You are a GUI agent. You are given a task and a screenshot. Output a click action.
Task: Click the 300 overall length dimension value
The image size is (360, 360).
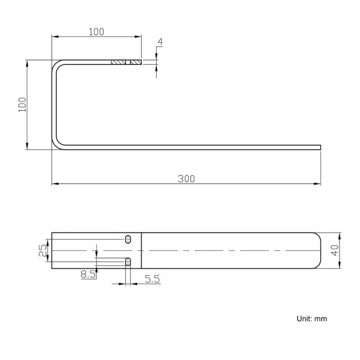[186, 178]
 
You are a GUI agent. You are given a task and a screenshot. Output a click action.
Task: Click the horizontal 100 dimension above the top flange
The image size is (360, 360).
[96, 32]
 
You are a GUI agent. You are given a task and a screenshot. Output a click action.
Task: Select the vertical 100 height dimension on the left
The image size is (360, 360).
[22, 105]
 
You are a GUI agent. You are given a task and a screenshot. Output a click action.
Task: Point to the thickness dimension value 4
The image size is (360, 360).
[160, 42]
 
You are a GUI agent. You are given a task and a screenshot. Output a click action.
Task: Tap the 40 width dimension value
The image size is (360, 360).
[335, 250]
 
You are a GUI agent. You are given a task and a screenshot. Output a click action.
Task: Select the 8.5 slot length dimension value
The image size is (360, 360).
[88, 274]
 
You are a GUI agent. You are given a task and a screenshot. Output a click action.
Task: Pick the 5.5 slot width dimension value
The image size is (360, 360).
[152, 280]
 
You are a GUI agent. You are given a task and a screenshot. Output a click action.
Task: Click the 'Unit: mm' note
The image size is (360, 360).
[312, 318]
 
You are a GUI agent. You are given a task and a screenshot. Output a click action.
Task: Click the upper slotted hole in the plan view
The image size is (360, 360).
[128, 239]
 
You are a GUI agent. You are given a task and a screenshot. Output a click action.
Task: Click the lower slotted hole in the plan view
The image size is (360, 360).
[128, 261]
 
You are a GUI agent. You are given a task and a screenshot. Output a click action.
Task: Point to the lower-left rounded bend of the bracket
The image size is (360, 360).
[56, 144]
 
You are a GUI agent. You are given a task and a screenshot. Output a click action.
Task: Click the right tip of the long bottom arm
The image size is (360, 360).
[320, 147]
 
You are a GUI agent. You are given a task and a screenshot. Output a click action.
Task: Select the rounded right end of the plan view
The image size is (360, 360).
[318, 250]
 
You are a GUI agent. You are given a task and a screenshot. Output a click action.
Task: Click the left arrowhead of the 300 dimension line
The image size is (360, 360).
[54, 183]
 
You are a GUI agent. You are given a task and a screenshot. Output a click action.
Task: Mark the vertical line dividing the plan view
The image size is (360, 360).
[141, 250]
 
